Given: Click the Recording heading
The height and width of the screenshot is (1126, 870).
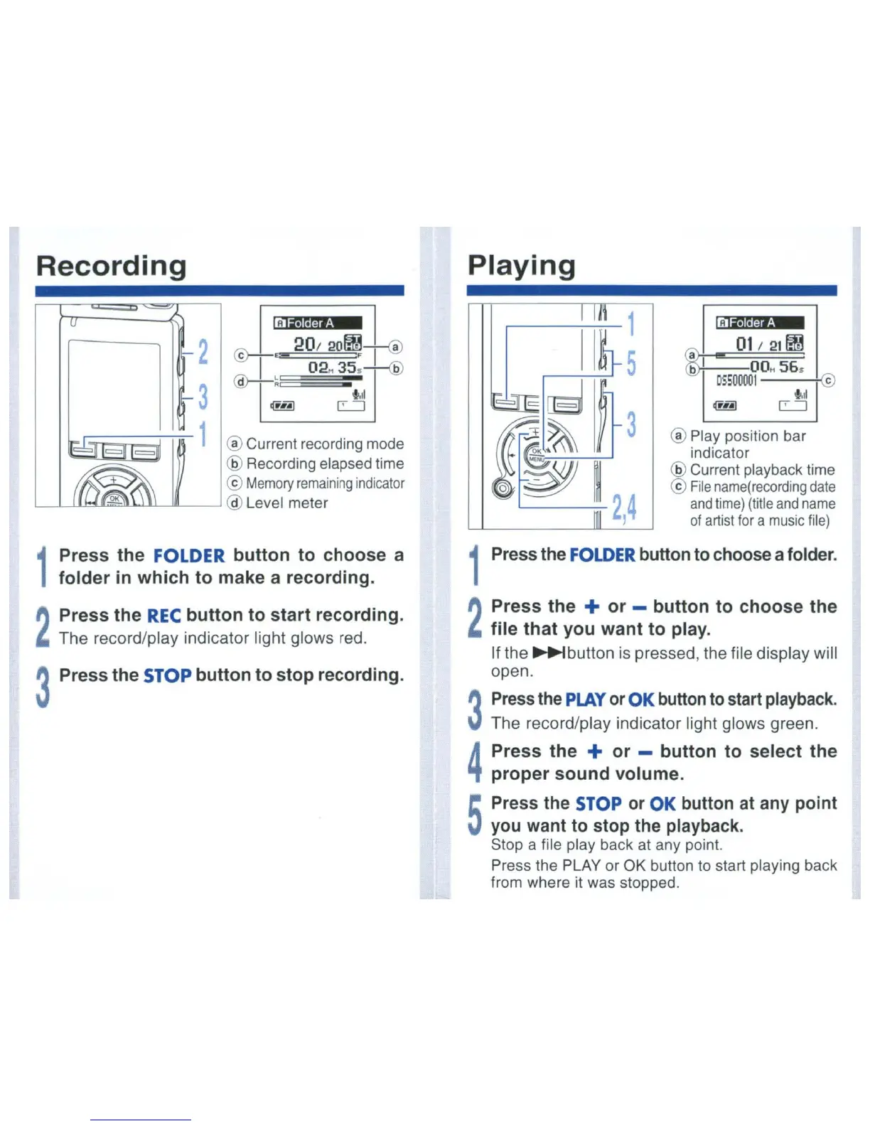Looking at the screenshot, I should tap(111, 266).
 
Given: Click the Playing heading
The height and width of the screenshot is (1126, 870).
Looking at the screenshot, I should tap(521, 266).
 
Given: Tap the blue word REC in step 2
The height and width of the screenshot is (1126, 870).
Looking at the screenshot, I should tap(163, 616).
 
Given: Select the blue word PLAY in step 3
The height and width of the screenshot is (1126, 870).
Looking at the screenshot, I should tap(585, 700).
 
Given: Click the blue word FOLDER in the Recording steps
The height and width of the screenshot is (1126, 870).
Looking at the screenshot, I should tap(188, 556).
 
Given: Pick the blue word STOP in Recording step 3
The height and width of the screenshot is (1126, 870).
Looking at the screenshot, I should tap(167, 675).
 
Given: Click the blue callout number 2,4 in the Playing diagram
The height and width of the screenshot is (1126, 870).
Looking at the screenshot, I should tap(623, 508).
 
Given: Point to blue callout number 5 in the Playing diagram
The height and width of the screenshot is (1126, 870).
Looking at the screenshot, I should tap(630, 363).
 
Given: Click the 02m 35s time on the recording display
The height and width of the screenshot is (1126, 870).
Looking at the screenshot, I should tap(334, 368).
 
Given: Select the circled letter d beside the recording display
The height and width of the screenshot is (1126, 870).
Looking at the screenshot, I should tap(241, 381).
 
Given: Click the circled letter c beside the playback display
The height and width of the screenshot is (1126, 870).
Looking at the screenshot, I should tap(828, 380).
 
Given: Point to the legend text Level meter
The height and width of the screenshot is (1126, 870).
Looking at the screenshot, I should tap(286, 503).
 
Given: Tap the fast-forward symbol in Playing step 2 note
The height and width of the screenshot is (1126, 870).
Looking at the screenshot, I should tap(549, 653).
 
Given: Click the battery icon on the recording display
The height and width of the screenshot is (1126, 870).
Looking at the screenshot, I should tap(282, 406).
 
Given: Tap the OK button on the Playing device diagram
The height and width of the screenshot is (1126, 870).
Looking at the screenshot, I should tap(536, 451).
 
